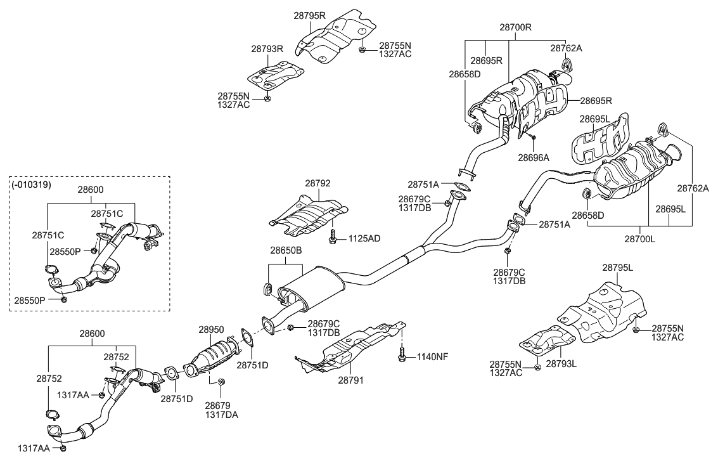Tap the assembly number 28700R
[x=515, y=27]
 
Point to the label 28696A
[x=534, y=155]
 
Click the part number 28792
[x=318, y=183]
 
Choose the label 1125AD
[x=364, y=238]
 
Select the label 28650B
[x=286, y=250]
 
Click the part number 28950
[x=211, y=330]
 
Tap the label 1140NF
[x=432, y=356]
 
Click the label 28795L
[x=617, y=268]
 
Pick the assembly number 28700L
[x=639, y=240]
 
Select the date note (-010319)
[x=32, y=184]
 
